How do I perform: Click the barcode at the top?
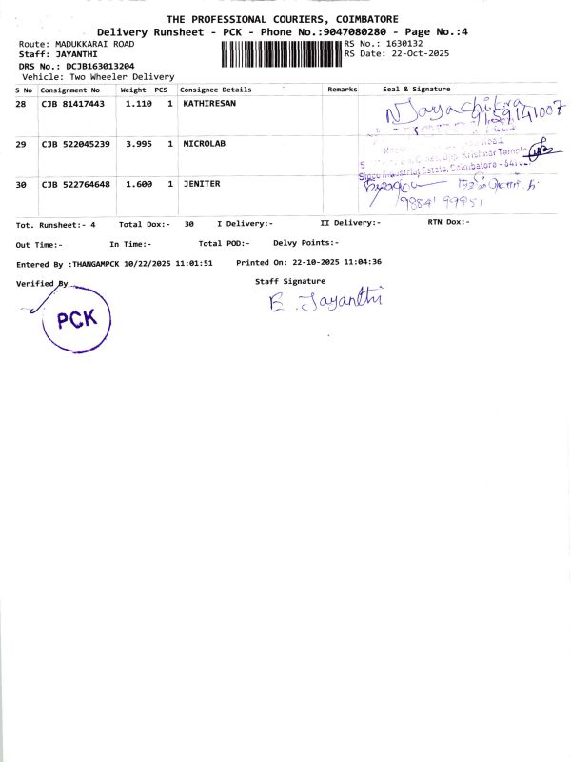tap(281, 53)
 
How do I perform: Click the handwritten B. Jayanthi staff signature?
tap(325, 302)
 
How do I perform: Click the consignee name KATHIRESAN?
tap(209, 103)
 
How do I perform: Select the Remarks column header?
tap(342, 89)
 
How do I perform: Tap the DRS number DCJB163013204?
tap(93, 66)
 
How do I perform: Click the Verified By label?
tap(42, 283)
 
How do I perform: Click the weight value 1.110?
tap(139, 103)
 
